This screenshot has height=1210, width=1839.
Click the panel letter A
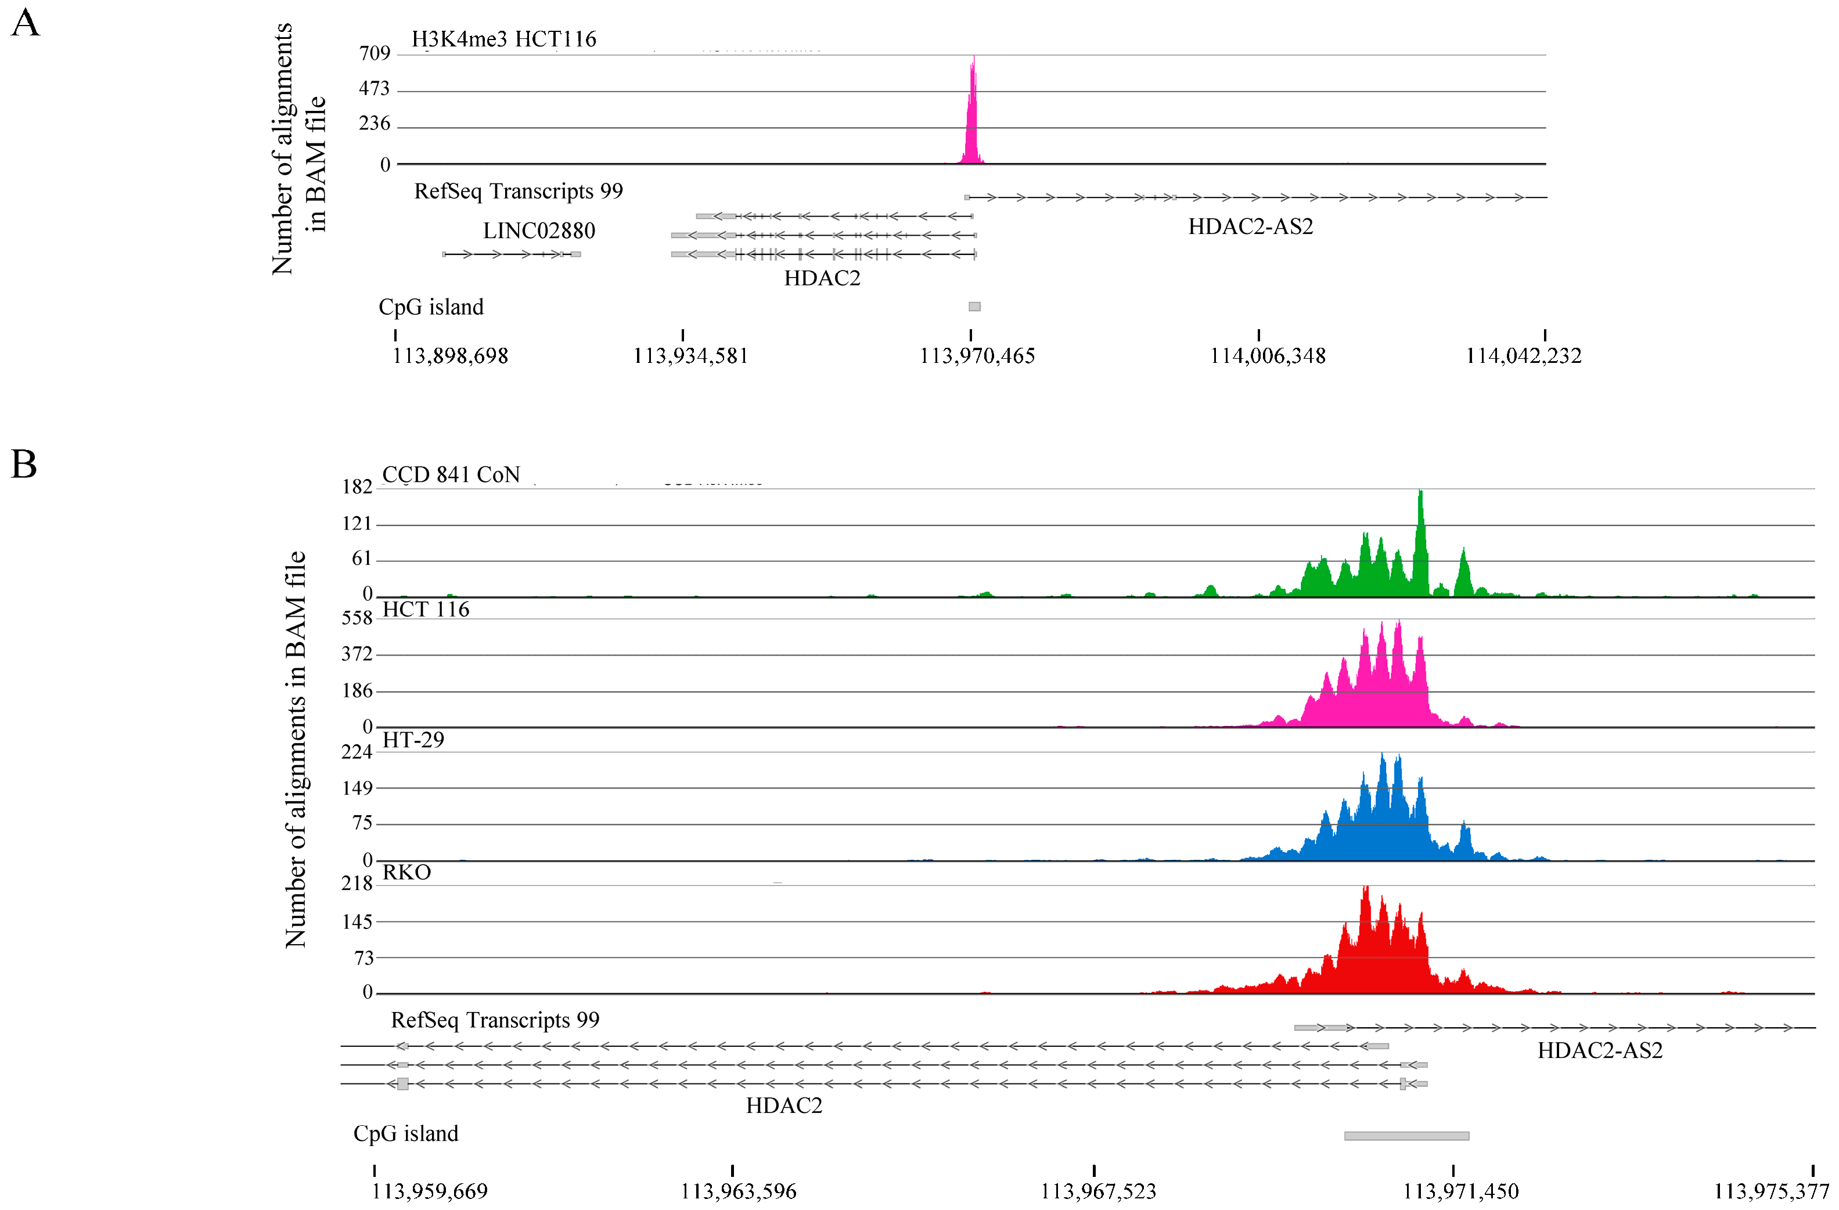pyautogui.click(x=25, y=23)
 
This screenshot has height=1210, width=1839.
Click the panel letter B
pyautogui.click(x=23, y=464)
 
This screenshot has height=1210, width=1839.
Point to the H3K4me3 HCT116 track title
pyautogui.click(x=504, y=39)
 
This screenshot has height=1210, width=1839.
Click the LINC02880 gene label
pyautogui.click(x=538, y=231)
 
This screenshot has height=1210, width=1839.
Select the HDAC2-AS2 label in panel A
pyautogui.click(x=1250, y=226)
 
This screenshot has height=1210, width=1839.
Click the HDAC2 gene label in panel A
pyautogui.click(x=822, y=278)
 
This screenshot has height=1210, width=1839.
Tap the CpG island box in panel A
pyautogui.click(x=974, y=307)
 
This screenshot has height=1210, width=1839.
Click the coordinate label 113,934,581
pyautogui.click(x=690, y=355)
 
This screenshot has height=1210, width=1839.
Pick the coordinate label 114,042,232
pyautogui.click(x=1523, y=355)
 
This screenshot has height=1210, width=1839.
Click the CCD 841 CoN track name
pyautogui.click(x=451, y=474)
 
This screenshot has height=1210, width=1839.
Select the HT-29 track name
pyautogui.click(x=413, y=740)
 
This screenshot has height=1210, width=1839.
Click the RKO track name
pyautogui.click(x=406, y=872)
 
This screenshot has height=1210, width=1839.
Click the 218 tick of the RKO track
pyautogui.click(x=357, y=883)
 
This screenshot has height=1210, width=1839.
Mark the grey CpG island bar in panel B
pyautogui.click(x=1406, y=1136)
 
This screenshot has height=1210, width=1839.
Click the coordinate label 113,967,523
pyautogui.click(x=1097, y=1191)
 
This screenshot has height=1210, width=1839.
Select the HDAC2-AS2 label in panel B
pyautogui.click(x=1599, y=1050)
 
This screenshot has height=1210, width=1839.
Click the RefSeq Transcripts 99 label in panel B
pyautogui.click(x=495, y=1020)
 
